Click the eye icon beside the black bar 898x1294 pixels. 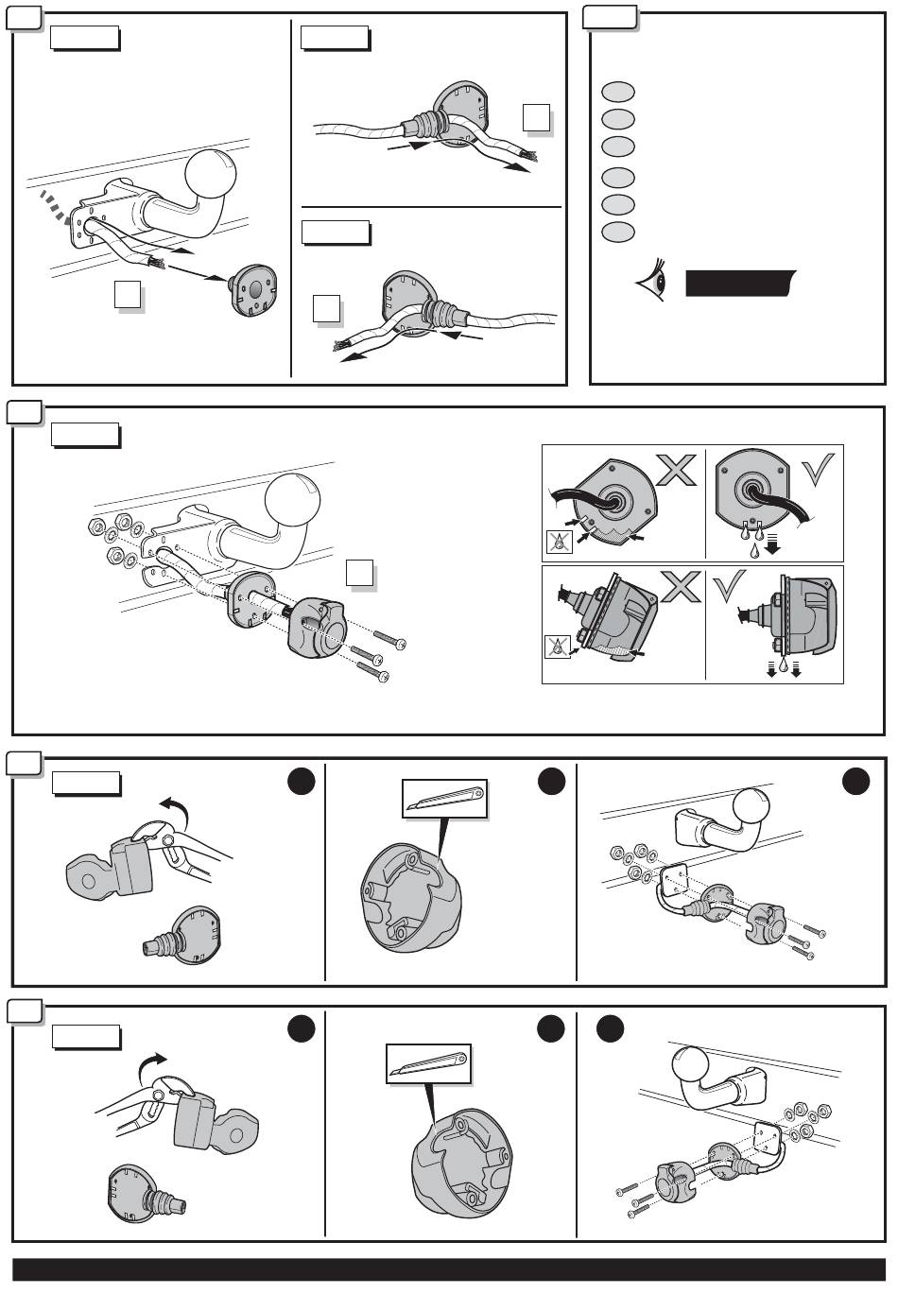pos(653,281)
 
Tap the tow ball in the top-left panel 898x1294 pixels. pos(216,176)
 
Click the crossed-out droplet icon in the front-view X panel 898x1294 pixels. pos(558,541)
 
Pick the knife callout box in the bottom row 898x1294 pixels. pos(428,1063)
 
